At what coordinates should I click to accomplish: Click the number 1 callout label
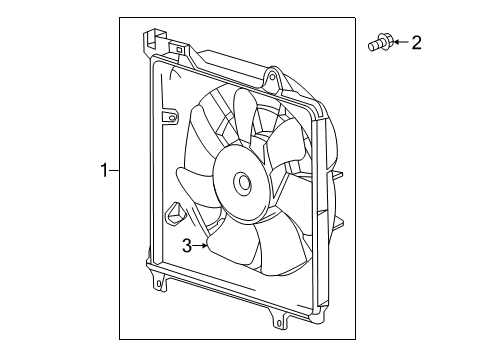click(x=103, y=171)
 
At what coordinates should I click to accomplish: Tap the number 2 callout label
click(x=417, y=42)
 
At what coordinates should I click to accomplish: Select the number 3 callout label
click(x=186, y=246)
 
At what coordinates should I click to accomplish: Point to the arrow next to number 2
click(x=398, y=42)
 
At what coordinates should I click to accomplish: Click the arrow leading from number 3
click(x=201, y=244)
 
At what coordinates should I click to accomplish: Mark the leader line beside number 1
click(x=114, y=171)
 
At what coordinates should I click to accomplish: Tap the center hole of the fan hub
click(x=242, y=183)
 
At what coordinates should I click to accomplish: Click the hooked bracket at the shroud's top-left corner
click(x=151, y=41)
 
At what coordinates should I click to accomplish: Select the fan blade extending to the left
click(x=195, y=185)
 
